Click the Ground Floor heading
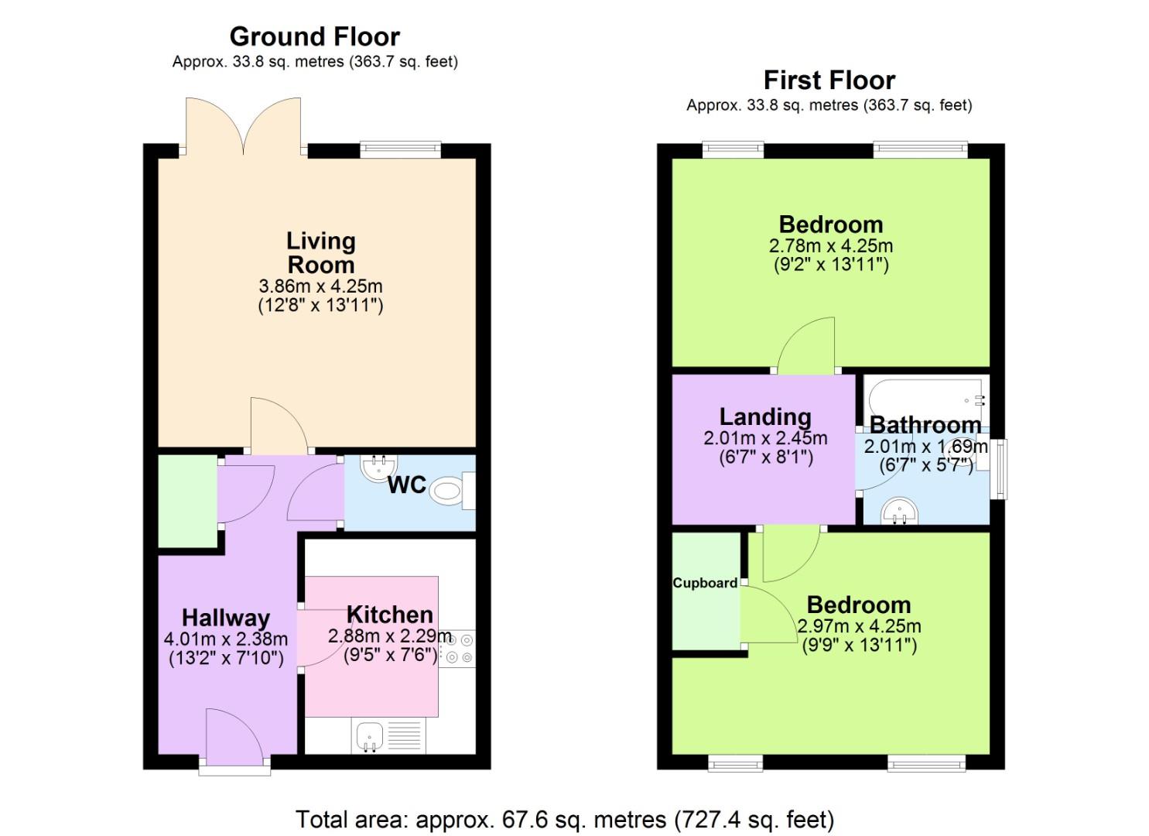click(314, 36)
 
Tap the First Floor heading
click(829, 80)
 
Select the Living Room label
click(320, 252)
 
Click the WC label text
click(406, 485)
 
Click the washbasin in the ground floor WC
click(378, 467)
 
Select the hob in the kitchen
click(457, 649)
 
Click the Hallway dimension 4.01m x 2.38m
click(225, 639)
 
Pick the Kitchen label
click(389, 615)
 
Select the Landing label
click(764, 417)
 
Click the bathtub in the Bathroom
click(925, 398)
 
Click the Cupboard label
click(705, 583)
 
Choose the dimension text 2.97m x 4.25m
click(859, 626)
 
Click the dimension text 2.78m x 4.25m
click(830, 246)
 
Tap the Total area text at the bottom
click(564, 819)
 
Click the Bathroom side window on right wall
click(1001, 469)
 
